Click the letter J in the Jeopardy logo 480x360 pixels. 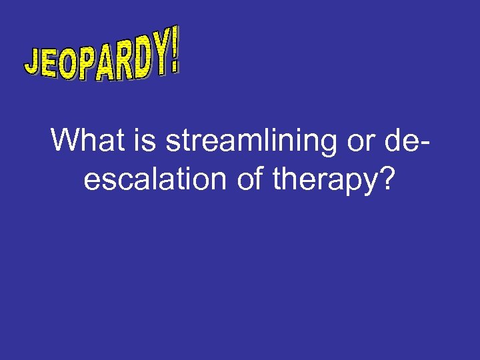coord(33,64)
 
